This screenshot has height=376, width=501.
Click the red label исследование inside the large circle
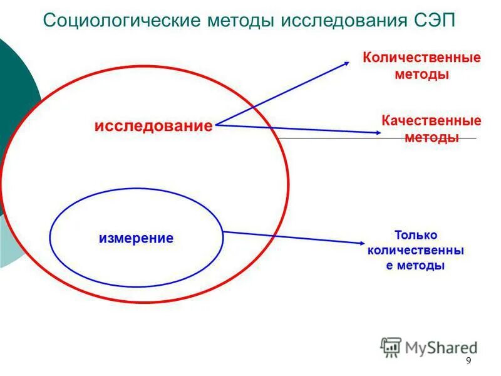[x=153, y=126]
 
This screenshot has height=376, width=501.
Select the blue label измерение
[x=136, y=238]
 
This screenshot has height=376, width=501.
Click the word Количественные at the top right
[x=422, y=58]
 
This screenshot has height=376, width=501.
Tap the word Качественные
[x=431, y=121]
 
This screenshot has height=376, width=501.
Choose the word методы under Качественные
[x=431, y=137]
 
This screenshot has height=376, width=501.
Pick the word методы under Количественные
[x=422, y=75]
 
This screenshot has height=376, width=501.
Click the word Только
[x=416, y=235]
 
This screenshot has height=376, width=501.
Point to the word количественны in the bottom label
[x=416, y=250]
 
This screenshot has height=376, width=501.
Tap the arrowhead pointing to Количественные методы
[x=348, y=62]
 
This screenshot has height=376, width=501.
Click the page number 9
[x=468, y=361]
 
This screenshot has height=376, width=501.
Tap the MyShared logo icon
[x=391, y=347]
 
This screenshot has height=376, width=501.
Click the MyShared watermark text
[x=440, y=347]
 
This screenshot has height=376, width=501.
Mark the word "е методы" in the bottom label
[x=416, y=265]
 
